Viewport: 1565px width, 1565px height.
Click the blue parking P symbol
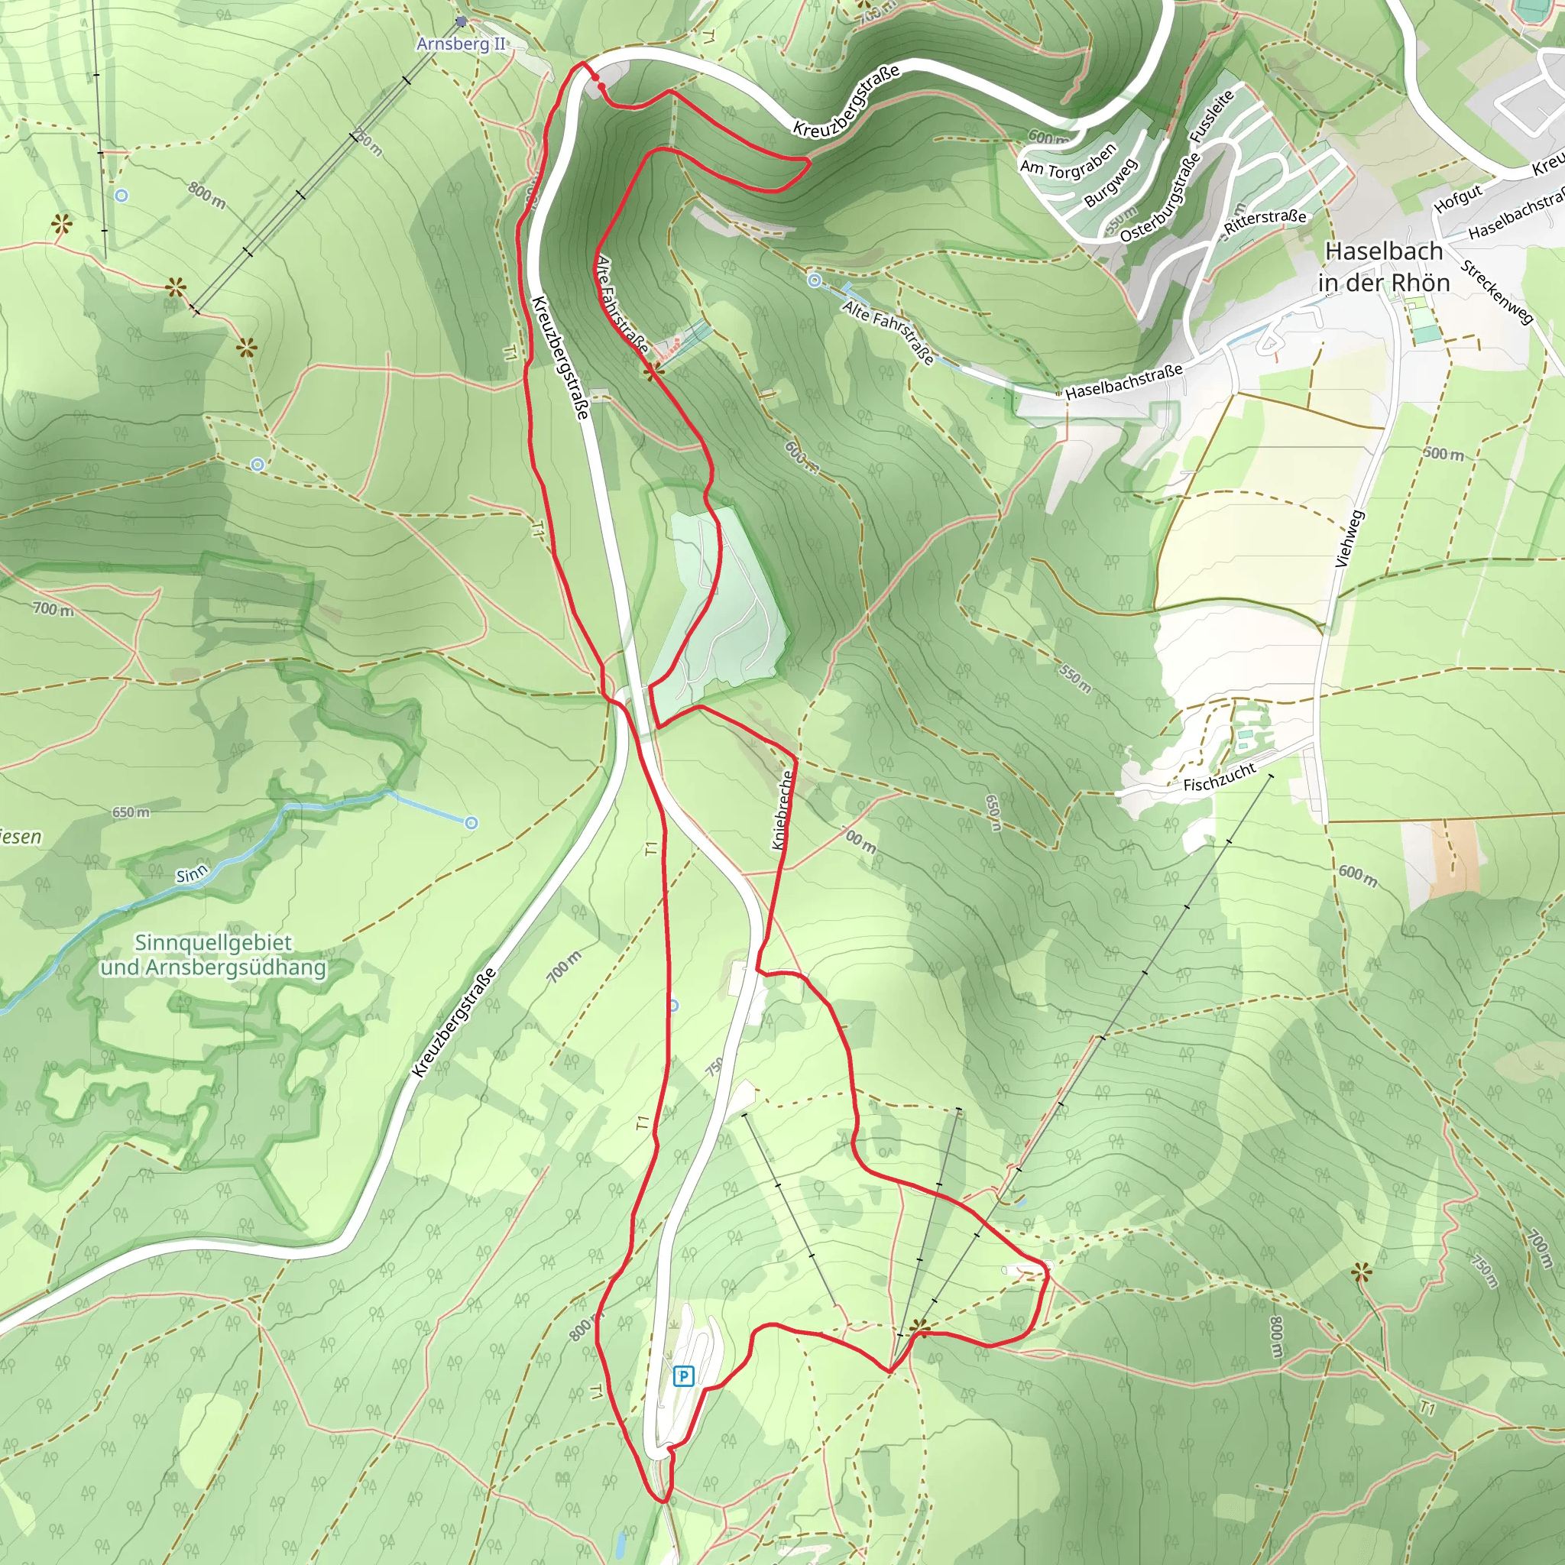[684, 1375]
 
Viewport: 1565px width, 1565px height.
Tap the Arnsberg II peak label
[460, 44]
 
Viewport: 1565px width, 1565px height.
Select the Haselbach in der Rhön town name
[1384, 267]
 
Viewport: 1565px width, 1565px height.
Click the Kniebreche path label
[782, 810]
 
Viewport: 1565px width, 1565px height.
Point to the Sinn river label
[192, 875]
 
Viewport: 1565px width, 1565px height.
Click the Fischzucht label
[1218, 778]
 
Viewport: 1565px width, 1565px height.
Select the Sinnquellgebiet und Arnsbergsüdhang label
[213, 955]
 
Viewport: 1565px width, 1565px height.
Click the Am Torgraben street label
[1068, 160]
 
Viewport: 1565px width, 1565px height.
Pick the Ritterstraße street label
[1265, 220]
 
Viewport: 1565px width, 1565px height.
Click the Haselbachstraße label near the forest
[1123, 381]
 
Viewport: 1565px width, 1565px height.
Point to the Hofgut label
[1458, 199]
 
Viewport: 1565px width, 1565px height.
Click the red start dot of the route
[596, 77]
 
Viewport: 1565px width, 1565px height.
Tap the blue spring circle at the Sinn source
[471, 823]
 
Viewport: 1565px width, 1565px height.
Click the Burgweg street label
[1110, 183]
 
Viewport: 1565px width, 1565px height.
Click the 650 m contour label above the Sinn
[131, 812]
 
